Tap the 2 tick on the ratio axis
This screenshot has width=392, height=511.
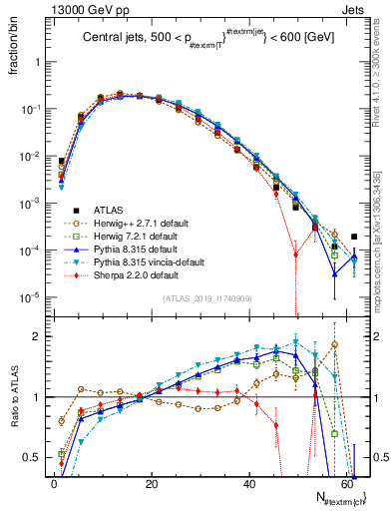point(41,336)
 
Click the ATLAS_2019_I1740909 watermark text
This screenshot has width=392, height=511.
point(204,298)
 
